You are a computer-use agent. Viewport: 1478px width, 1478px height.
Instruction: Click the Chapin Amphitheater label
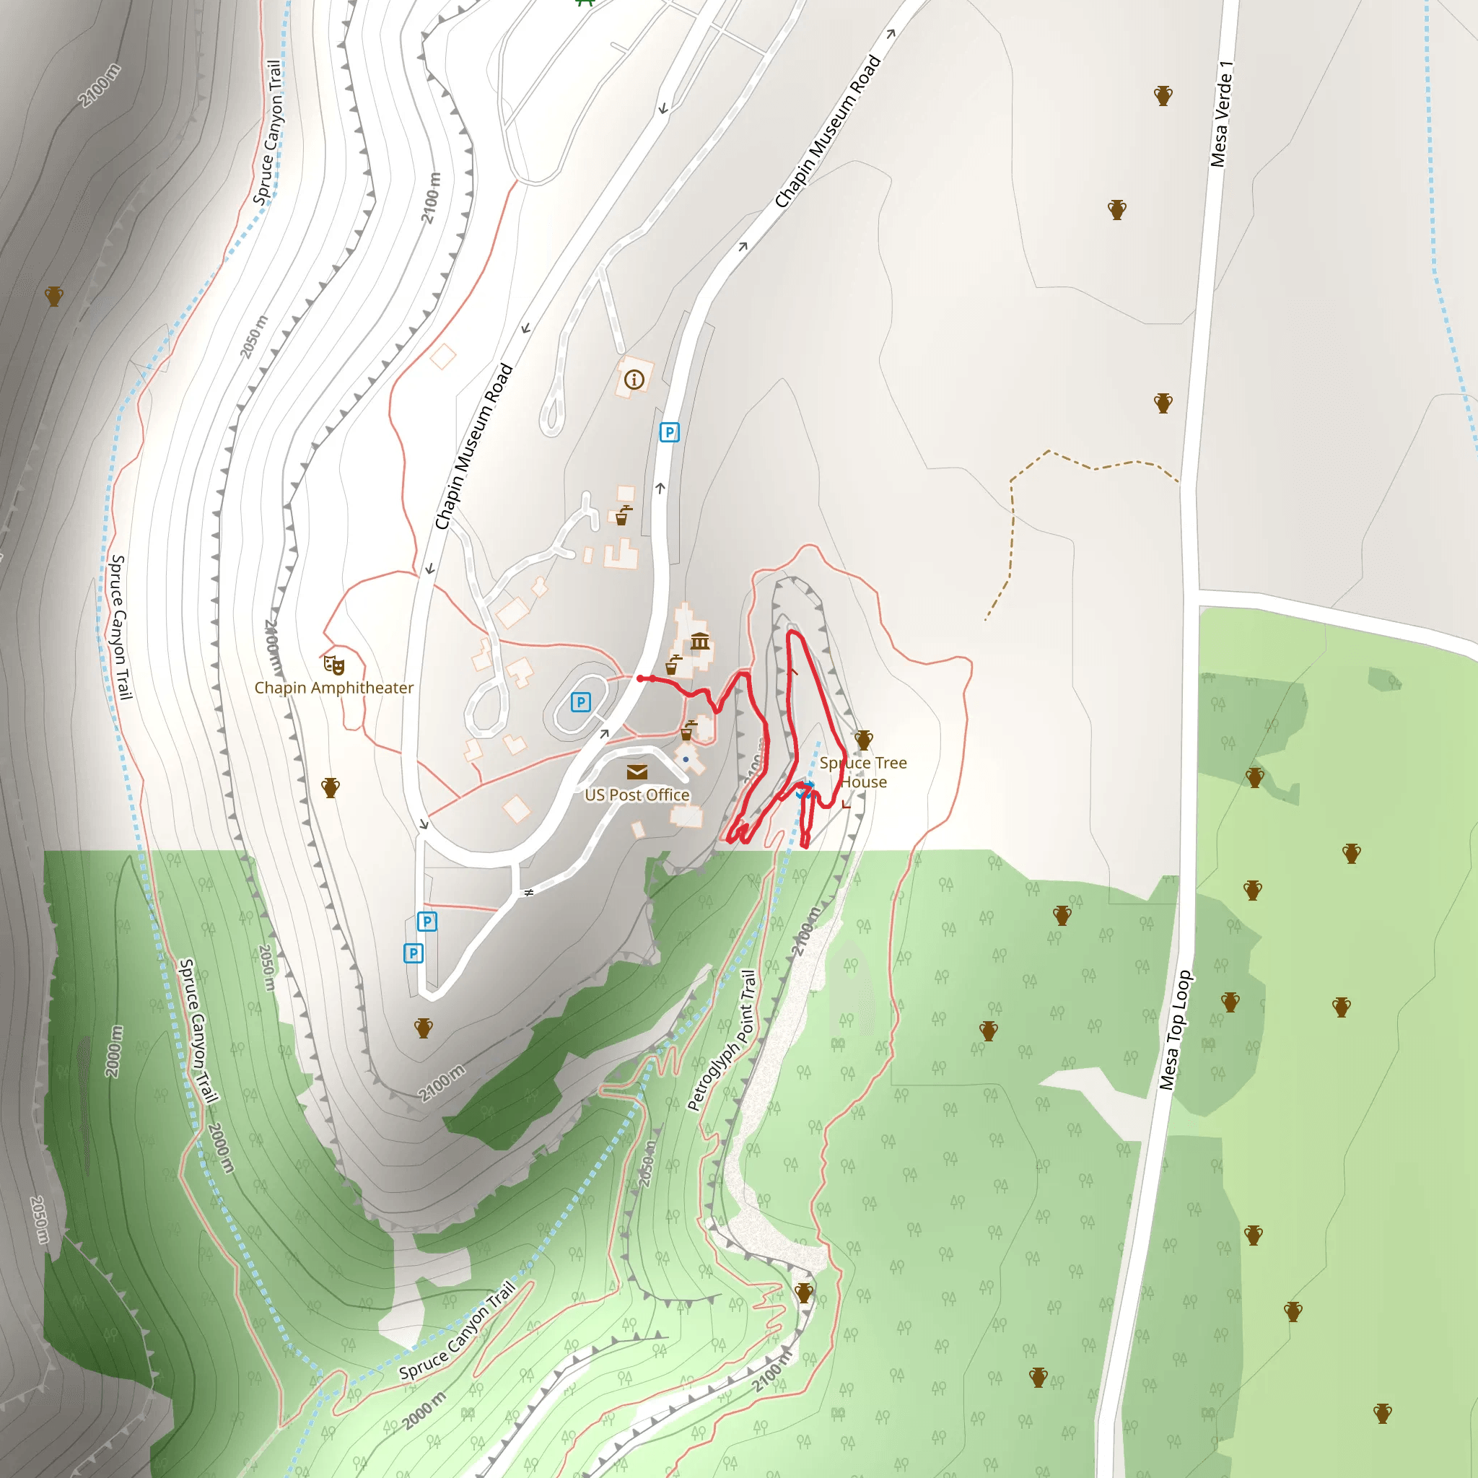pos(333,688)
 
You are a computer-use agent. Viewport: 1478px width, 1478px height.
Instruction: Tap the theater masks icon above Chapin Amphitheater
pos(333,664)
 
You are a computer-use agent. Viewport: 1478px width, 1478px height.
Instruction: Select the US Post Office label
pos(637,795)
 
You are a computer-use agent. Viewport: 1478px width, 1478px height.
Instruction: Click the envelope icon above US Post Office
pos(637,772)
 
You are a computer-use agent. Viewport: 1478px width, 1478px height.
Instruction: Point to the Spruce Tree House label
pos(863,772)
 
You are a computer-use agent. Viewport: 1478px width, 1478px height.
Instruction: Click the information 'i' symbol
pos(634,379)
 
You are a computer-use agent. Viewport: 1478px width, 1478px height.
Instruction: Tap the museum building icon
pos(700,641)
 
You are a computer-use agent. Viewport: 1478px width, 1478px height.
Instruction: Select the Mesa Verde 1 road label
pos(1222,113)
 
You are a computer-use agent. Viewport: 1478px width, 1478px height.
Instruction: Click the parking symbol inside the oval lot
pos(581,701)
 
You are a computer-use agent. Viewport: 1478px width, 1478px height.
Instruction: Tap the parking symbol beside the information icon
pos(670,432)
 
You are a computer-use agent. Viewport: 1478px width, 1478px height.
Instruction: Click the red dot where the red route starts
pos(640,678)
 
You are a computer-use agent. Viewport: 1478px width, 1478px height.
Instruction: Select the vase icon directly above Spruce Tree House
pos(864,740)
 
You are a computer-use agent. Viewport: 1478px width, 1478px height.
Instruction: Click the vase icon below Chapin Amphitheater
pos(331,787)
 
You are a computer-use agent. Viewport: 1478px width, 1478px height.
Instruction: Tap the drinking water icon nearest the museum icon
pos(673,665)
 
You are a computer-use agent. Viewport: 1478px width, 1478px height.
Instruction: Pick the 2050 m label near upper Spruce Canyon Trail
pos(255,336)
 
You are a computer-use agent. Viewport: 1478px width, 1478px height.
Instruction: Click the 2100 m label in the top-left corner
pos(100,85)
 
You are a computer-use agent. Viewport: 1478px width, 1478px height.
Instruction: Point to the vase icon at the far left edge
pos(53,296)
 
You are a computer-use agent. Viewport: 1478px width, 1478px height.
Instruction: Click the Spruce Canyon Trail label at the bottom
pos(458,1331)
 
